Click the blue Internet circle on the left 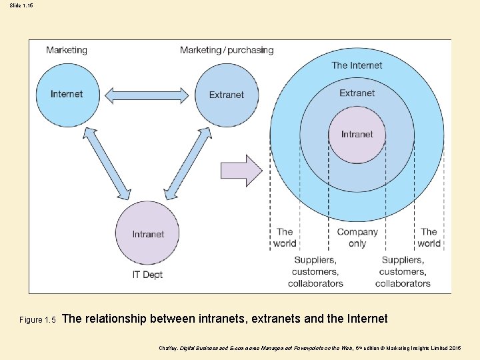pyautogui.click(x=67, y=94)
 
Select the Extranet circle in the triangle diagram pyautogui.click(x=227, y=95)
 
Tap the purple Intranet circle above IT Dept pyautogui.click(x=148, y=233)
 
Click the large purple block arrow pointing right pyautogui.click(x=242, y=171)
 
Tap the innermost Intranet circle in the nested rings pyautogui.click(x=357, y=134)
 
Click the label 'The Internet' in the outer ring pyautogui.click(x=357, y=65)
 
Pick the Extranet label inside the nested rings pyautogui.click(x=357, y=93)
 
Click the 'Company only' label pyautogui.click(x=357, y=237)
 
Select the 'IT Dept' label pyautogui.click(x=147, y=275)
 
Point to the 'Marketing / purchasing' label pyautogui.click(x=227, y=50)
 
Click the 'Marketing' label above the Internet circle pyautogui.click(x=67, y=50)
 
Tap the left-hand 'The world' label pyautogui.click(x=285, y=237)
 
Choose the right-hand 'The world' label pyautogui.click(x=429, y=237)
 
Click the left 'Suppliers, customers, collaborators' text pyautogui.click(x=315, y=271)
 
